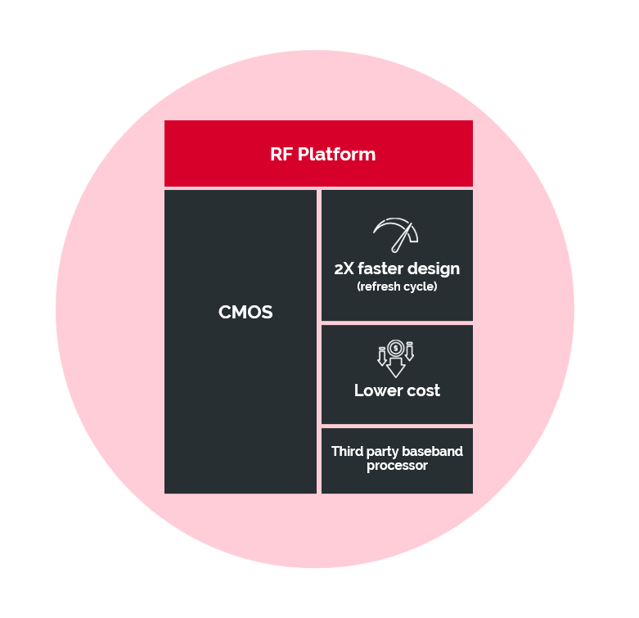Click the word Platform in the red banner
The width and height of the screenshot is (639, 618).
point(336,155)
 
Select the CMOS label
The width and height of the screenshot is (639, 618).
point(245,312)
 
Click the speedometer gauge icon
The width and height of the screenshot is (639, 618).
point(395,235)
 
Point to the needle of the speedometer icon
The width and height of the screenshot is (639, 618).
point(402,237)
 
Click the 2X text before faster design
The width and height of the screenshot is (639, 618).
point(344,269)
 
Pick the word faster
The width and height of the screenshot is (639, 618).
point(380,269)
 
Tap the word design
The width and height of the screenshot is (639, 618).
point(434,269)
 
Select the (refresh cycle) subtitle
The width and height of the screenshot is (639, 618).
point(397,286)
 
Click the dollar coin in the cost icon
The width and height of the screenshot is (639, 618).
point(395,348)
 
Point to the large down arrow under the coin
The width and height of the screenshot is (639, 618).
point(395,367)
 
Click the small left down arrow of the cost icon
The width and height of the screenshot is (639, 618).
point(382,356)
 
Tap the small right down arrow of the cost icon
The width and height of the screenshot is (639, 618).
point(410,351)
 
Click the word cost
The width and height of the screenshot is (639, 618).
point(424,391)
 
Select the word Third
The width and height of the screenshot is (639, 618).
point(347,451)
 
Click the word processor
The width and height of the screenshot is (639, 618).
point(397,466)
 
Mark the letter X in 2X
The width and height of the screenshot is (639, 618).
point(349,269)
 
